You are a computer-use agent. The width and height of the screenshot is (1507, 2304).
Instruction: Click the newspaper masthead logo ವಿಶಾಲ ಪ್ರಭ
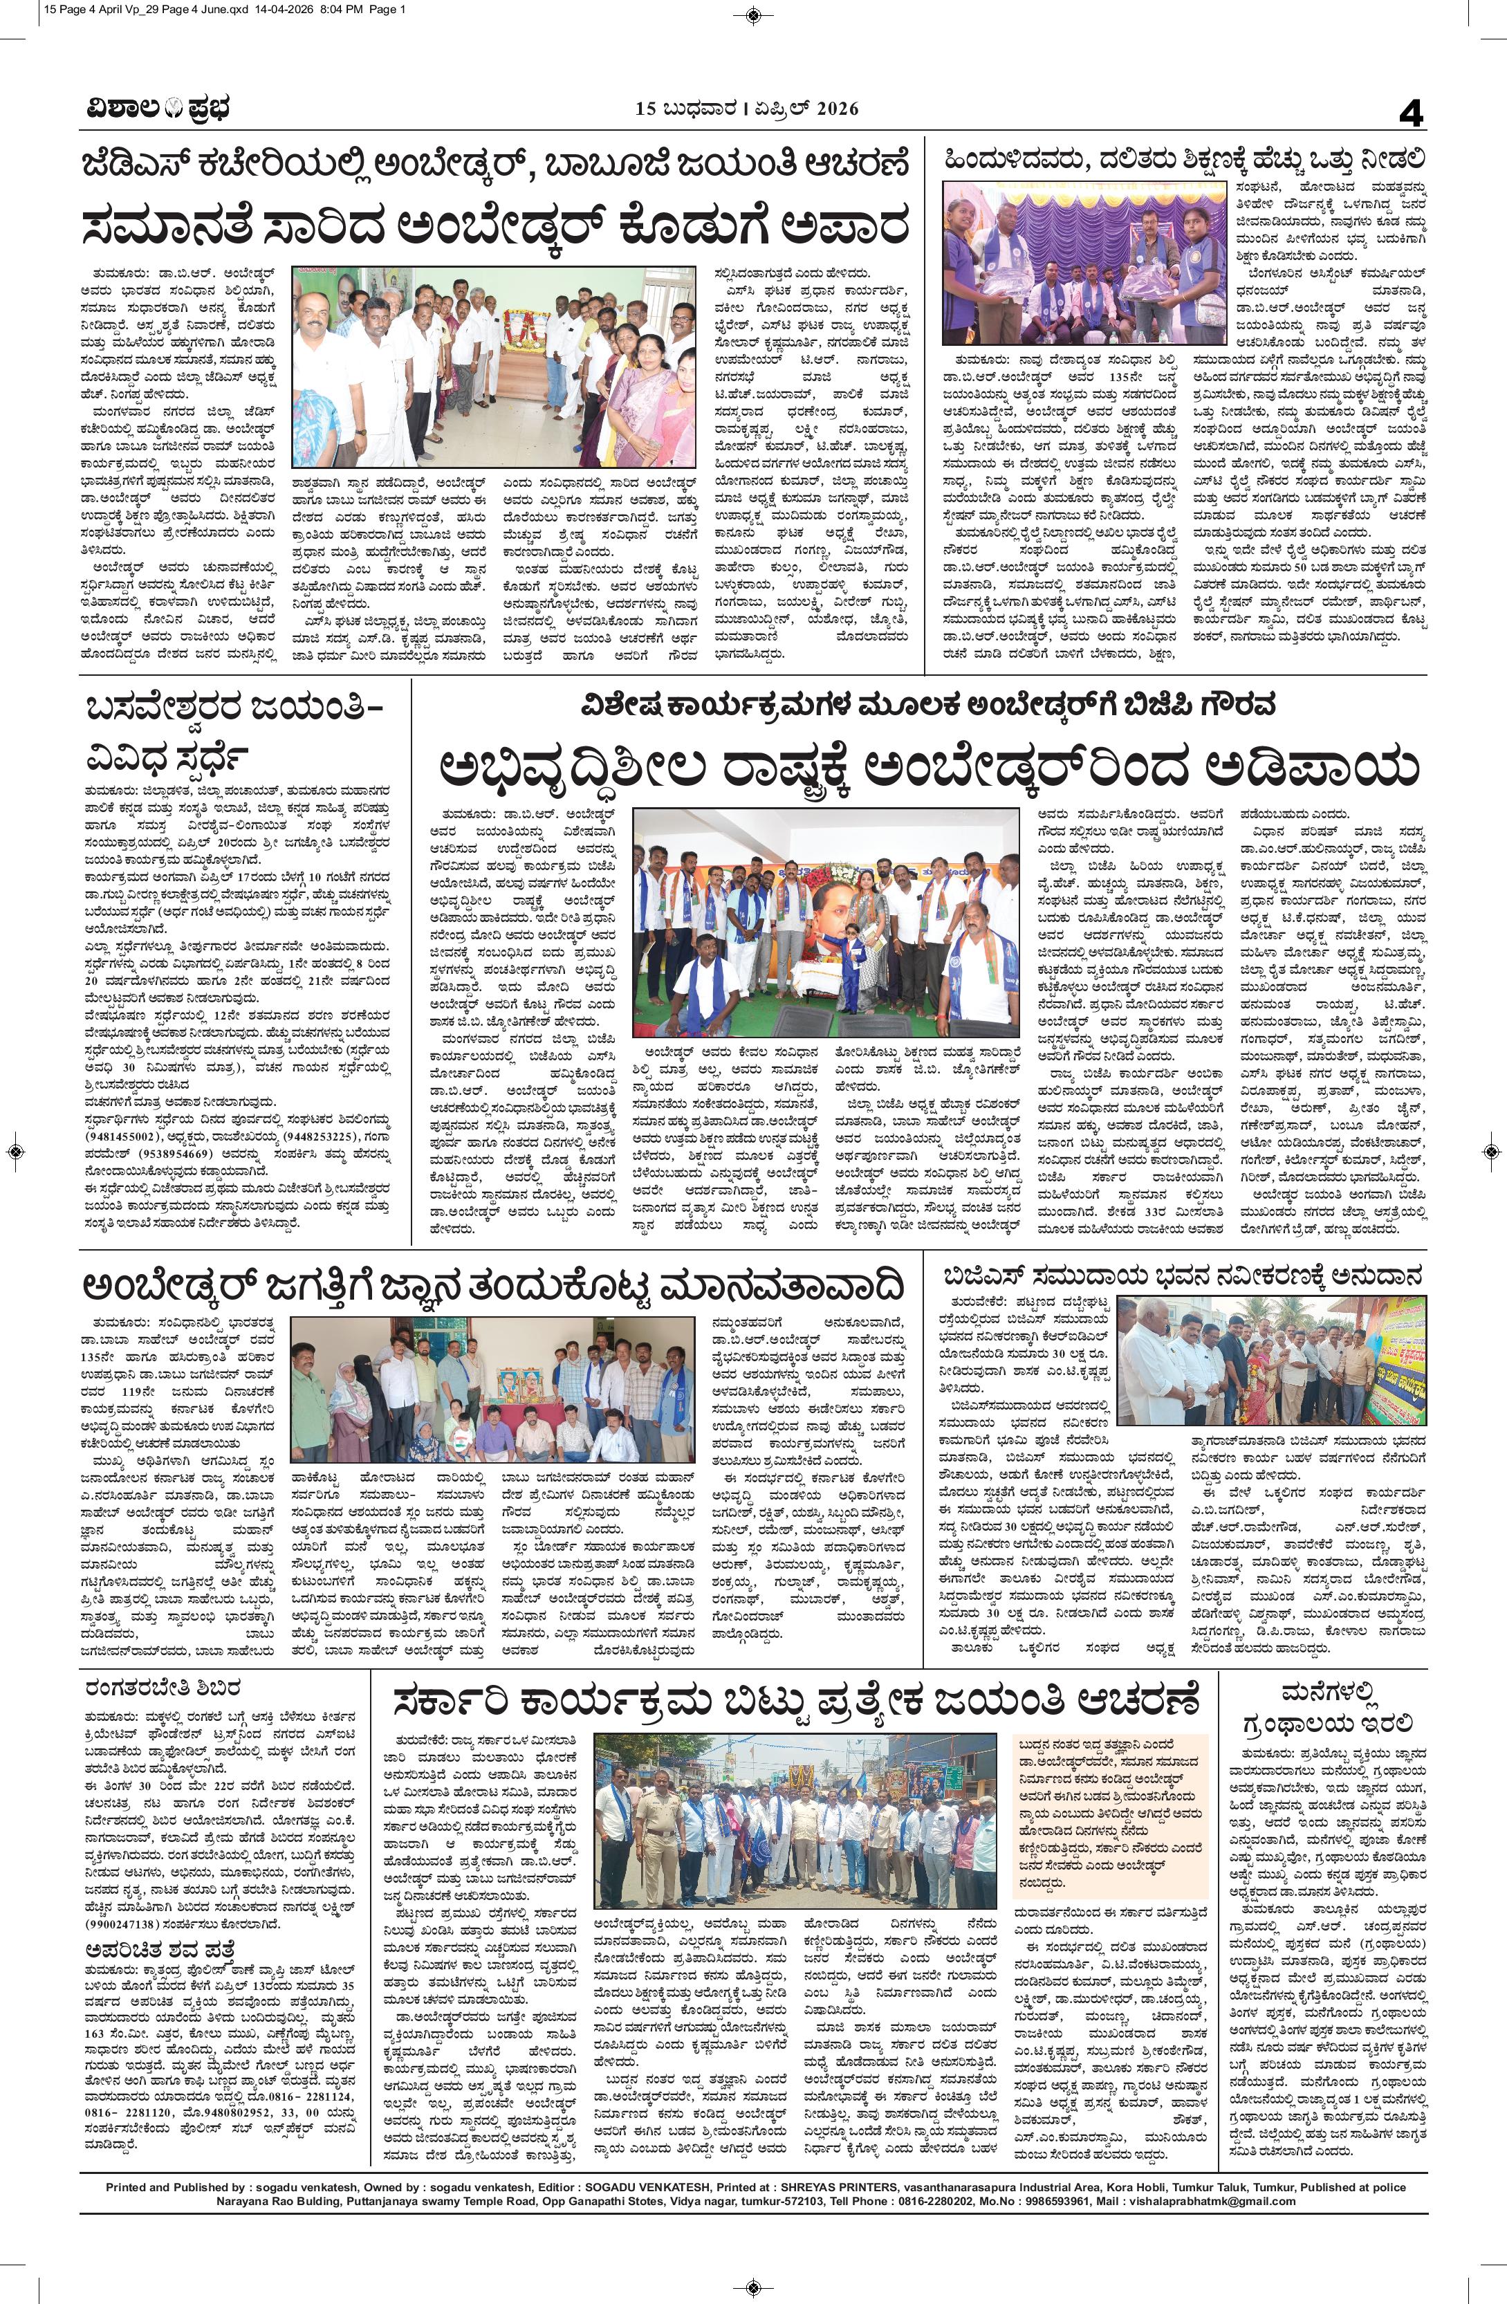tap(155, 109)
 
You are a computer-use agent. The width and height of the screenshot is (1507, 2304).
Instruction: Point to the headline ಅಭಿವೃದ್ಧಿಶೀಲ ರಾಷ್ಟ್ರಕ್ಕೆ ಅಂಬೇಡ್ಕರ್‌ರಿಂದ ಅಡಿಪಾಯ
tap(934, 771)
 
